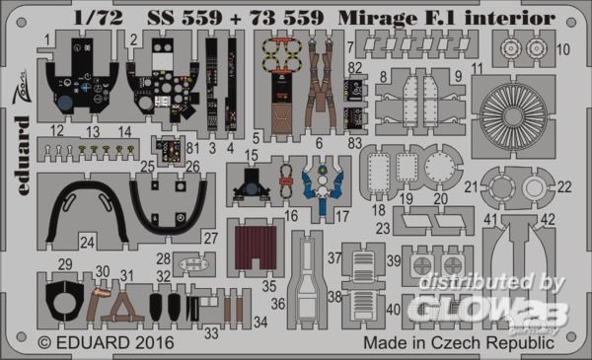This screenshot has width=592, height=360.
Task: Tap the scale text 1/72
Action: tap(98, 18)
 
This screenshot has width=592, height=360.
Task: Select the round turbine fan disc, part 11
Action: tap(513, 116)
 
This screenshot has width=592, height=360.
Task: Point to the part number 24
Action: tap(87, 242)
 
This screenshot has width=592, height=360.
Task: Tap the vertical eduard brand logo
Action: tap(23, 156)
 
